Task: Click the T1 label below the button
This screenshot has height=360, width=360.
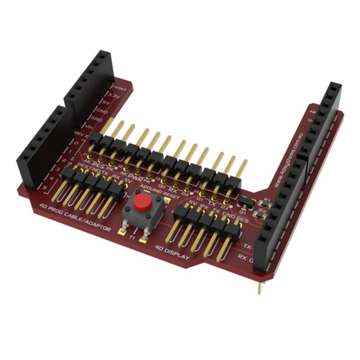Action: point(132,237)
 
